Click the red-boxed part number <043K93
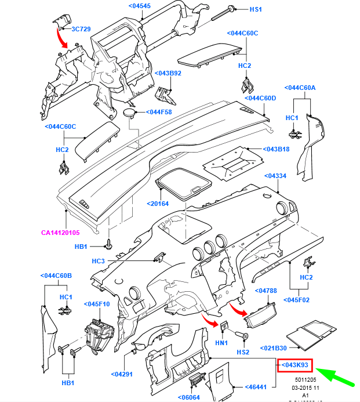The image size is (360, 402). coord(296,365)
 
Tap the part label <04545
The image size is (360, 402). coord(139,6)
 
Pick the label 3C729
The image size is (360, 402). coord(81,28)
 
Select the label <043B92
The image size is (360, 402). coord(169,73)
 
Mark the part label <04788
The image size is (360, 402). coord(268,290)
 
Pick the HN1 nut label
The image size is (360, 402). coord(221,343)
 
